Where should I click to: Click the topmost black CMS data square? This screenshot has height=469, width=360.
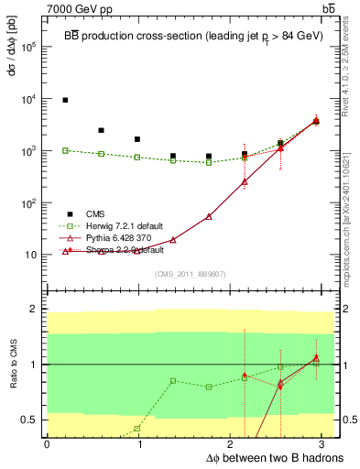pos(65,100)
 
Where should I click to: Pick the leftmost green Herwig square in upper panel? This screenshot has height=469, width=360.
pos(65,150)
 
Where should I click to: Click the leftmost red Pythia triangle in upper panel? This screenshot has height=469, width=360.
pos(65,251)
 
